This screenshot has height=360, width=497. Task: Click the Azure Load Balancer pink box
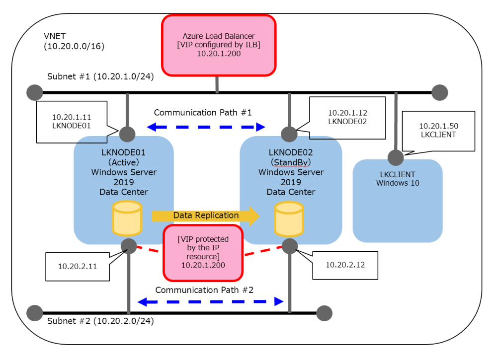218,45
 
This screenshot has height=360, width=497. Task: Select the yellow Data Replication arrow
206,216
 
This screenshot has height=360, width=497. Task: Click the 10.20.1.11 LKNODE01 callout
72,122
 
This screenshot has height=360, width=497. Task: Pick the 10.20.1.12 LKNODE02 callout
347,116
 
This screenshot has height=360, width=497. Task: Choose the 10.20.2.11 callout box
77,266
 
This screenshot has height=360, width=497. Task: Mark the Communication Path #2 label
204,289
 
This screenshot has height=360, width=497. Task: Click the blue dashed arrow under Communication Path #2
210,301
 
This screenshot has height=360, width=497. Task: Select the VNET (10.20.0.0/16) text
74,42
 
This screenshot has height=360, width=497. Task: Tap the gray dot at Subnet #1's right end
440,92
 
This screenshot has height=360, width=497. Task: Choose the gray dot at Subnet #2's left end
35,313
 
